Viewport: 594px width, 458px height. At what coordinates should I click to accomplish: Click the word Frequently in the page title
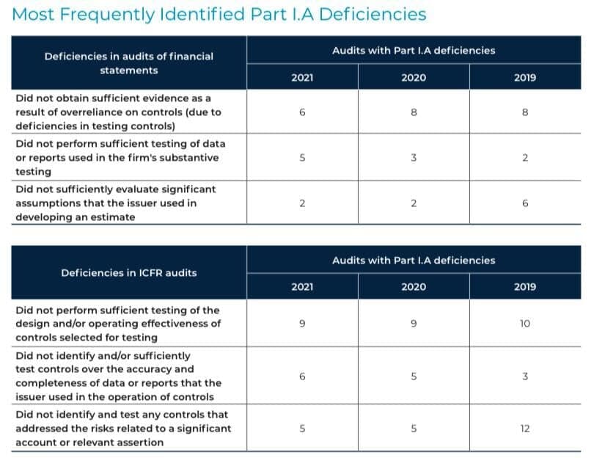pyautogui.click(x=107, y=15)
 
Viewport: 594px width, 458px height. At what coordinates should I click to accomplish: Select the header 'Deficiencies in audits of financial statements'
pyautogui.click(x=129, y=63)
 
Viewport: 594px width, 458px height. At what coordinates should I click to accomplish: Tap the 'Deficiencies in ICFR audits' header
pyautogui.click(x=129, y=272)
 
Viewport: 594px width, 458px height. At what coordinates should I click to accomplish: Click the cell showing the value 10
pyautogui.click(x=524, y=324)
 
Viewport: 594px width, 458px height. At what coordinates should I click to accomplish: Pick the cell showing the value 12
pyautogui.click(x=524, y=429)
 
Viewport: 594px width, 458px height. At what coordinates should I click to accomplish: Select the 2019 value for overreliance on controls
pyautogui.click(x=525, y=112)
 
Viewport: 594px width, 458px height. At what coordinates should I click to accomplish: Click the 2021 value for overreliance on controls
pyautogui.click(x=302, y=112)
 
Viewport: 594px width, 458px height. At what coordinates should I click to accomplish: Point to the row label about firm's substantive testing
pyautogui.click(x=120, y=158)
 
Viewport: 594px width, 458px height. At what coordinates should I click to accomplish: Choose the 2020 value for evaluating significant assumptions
pyautogui.click(x=414, y=203)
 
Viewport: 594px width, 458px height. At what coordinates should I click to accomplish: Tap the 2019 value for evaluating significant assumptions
pyautogui.click(x=525, y=203)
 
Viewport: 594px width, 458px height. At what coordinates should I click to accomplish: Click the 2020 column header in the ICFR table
pyautogui.click(x=414, y=287)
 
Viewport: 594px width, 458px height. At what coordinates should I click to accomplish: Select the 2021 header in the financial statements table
pyautogui.click(x=302, y=78)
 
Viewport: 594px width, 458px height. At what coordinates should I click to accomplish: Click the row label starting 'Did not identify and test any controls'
pyautogui.click(x=123, y=429)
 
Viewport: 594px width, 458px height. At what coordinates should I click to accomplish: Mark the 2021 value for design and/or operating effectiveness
pyautogui.click(x=302, y=324)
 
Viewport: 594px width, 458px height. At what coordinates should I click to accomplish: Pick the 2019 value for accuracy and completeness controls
pyautogui.click(x=525, y=377)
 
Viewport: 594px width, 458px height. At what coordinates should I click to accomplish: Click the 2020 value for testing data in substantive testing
pyautogui.click(x=414, y=158)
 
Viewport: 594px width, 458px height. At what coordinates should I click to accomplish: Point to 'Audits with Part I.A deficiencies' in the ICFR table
pyautogui.click(x=414, y=261)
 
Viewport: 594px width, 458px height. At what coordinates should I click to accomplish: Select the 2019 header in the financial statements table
pyautogui.click(x=525, y=78)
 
